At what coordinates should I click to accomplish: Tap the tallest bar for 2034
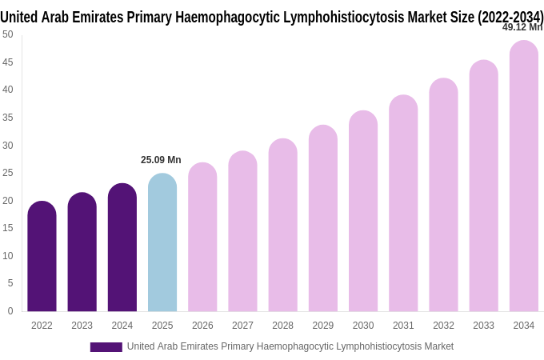524,176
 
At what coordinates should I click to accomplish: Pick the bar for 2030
363,211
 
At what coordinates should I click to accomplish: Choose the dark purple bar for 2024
122,247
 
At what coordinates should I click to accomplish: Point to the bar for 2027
242,231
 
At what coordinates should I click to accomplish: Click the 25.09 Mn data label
161,160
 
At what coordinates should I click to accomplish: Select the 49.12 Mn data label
522,27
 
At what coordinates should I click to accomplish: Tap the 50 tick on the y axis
8,34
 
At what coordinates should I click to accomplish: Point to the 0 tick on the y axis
10,311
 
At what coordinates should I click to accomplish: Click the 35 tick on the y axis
8,118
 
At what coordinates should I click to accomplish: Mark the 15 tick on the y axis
8,228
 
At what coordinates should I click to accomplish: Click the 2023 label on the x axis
82,326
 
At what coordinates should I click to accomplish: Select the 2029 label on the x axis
323,326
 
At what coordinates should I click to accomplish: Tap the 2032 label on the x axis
443,326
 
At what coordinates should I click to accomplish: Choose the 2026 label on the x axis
202,326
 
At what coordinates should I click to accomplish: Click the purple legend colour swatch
106,347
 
